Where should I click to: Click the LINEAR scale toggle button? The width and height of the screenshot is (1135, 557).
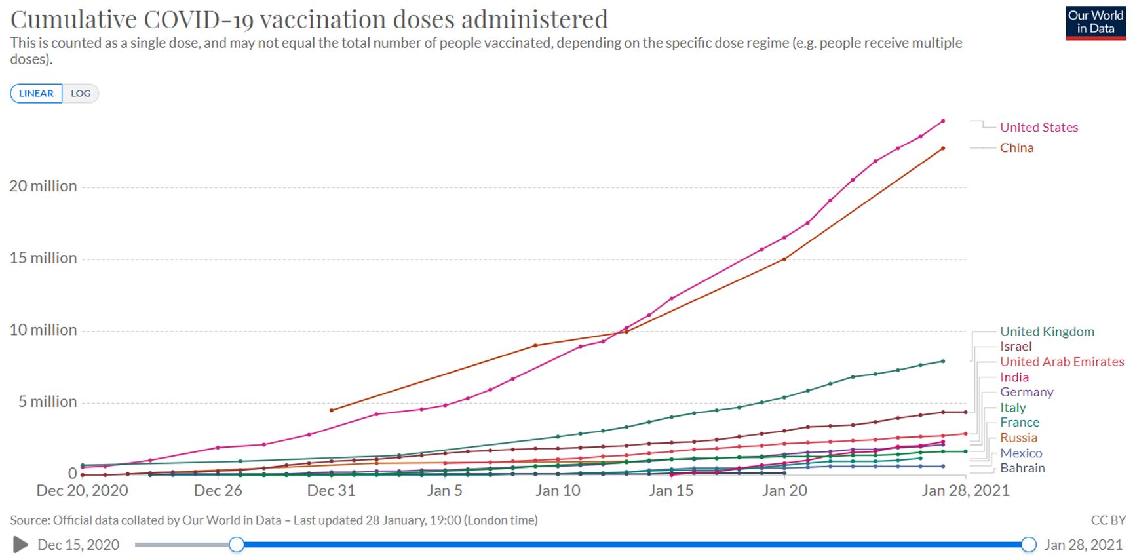tap(36, 94)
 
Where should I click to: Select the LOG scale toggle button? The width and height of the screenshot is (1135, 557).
tap(81, 94)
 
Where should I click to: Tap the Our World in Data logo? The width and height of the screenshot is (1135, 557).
tap(1095, 22)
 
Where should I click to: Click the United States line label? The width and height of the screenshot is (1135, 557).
tap(1039, 128)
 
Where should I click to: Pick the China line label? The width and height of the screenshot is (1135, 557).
tap(1016, 148)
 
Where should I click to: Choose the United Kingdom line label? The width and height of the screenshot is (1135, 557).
tap(1047, 332)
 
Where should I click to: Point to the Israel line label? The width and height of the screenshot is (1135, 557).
tap(1015, 347)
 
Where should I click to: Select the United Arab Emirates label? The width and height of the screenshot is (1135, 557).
tap(1062, 362)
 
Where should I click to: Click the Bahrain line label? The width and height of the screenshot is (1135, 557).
tap(1022, 468)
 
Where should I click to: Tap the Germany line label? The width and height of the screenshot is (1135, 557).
tap(1026, 392)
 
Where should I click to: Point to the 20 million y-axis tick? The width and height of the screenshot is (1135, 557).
tap(43, 186)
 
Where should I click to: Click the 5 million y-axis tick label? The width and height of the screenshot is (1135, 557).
tap(47, 402)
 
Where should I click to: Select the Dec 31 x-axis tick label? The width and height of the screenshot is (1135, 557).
tap(331, 491)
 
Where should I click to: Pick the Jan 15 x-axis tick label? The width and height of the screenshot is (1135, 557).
tap(671, 491)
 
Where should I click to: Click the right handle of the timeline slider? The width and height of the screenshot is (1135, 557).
tap(1029, 545)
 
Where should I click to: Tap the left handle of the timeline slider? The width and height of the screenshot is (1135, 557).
tap(237, 545)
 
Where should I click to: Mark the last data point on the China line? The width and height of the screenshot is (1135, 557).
tap(943, 149)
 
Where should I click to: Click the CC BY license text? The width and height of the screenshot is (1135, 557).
tap(1107, 520)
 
